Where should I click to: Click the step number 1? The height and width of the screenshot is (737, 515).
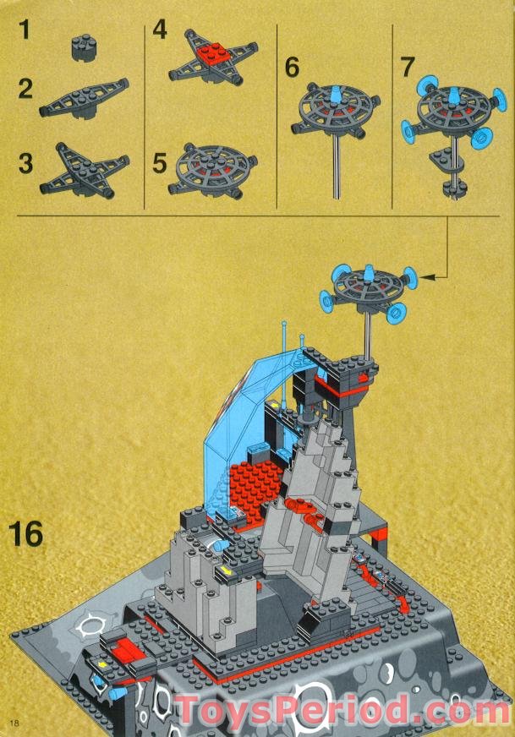tap(25, 32)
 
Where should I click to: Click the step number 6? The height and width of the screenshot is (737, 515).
tap(292, 68)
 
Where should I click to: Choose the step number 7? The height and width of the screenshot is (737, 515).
tap(407, 68)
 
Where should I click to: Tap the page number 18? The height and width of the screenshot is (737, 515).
tap(14, 721)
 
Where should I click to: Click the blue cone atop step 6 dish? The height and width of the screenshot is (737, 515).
tap(334, 94)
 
